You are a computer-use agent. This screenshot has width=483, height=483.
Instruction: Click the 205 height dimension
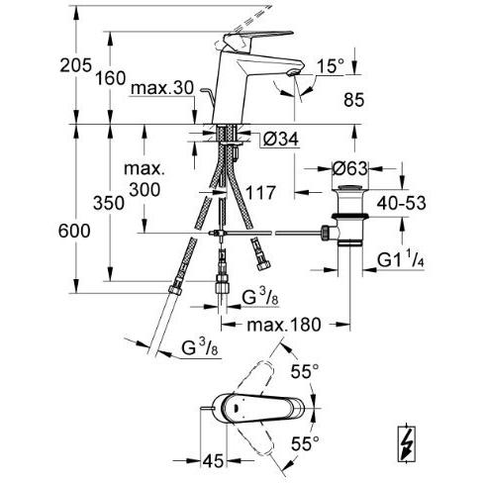(75, 65)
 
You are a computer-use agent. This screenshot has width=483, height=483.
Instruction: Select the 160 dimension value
(111, 78)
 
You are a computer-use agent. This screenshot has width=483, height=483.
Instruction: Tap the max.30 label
(162, 88)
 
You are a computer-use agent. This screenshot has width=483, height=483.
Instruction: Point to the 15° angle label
(331, 66)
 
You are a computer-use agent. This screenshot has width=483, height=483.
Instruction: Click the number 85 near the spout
(353, 100)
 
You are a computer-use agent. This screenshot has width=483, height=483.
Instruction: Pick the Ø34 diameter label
(281, 139)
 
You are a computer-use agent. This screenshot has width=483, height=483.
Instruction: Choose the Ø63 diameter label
(349, 168)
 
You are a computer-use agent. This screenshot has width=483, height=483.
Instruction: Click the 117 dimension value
(260, 193)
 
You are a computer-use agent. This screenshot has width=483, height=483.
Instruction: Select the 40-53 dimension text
(401, 203)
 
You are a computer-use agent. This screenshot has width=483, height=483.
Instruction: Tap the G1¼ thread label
(401, 259)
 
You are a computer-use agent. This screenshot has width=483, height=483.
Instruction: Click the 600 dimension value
(74, 231)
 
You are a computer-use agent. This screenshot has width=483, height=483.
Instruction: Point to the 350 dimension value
(109, 203)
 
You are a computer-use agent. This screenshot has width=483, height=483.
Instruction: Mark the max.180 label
(284, 325)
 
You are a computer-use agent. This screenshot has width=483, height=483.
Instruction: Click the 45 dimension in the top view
(213, 461)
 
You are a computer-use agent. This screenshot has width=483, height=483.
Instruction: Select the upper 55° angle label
(305, 372)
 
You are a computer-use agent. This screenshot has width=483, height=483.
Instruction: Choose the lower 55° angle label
(305, 443)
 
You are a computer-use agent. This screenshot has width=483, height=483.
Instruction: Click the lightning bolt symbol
(406, 444)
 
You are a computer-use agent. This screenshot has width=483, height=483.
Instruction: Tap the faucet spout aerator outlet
(293, 72)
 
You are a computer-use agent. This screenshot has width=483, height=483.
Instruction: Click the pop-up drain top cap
(349, 188)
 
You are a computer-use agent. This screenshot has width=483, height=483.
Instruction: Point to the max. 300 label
(145, 179)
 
